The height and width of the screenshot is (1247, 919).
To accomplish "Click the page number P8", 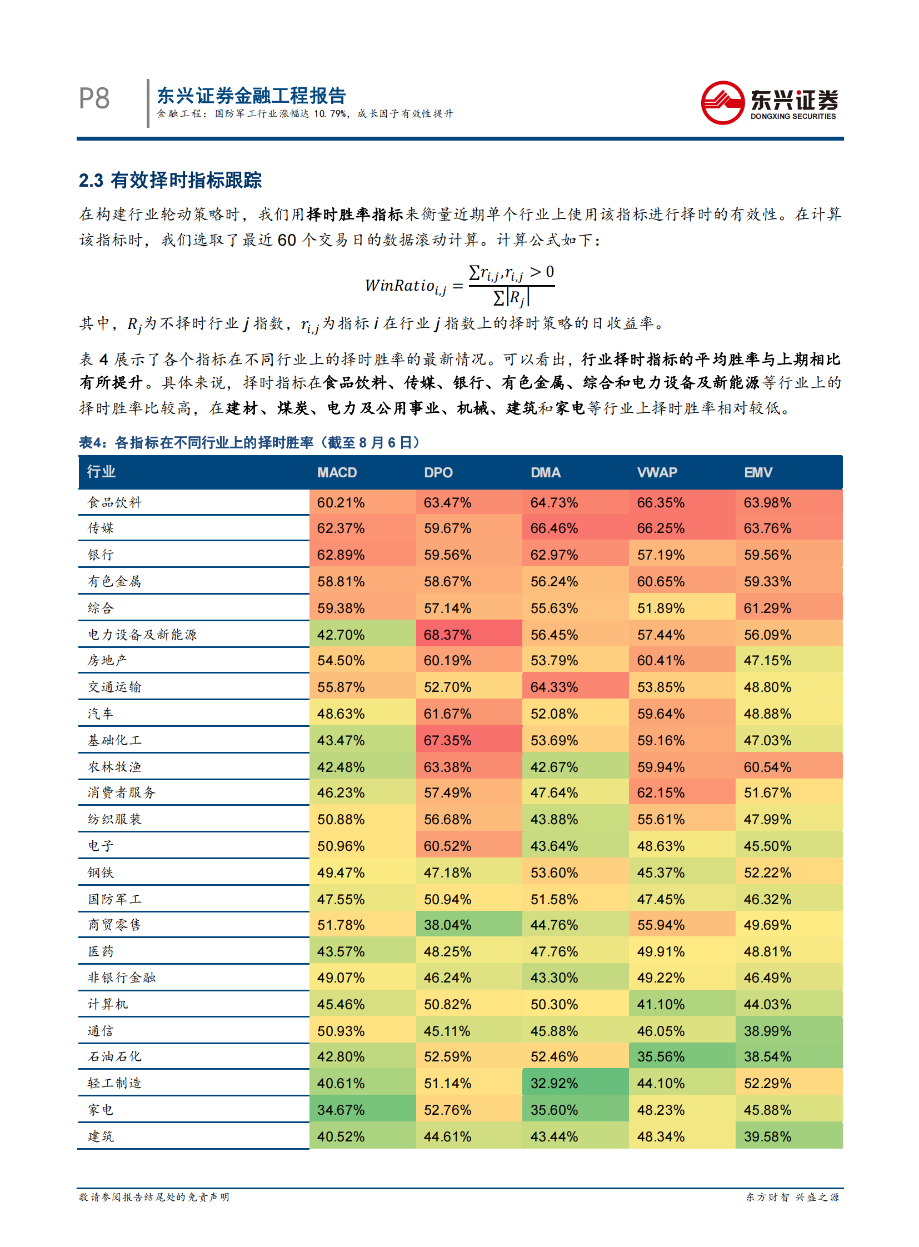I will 94,99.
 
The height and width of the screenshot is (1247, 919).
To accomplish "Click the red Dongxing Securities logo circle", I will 722,103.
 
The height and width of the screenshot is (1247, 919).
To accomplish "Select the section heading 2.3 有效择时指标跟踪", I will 170,180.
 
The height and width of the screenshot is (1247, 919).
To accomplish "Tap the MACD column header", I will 337,472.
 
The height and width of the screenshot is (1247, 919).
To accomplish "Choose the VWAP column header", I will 657,472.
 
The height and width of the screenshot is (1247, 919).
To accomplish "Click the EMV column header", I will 758,472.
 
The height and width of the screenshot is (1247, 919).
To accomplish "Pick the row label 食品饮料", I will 114,502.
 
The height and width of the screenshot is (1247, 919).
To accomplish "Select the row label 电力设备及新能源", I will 142,635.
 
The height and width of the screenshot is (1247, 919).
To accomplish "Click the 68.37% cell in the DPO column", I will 447,635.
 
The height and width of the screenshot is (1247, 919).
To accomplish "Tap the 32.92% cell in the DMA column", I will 554,1083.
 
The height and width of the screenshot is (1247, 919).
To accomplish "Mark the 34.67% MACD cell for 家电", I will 341,1110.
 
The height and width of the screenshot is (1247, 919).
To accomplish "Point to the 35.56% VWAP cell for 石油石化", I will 661,1056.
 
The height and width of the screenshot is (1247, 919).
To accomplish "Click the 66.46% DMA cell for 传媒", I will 554,528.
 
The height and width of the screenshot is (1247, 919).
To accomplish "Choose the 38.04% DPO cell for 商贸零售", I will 447,925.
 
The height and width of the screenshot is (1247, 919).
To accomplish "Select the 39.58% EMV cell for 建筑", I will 767,1136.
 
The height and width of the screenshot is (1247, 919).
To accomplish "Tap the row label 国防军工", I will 114,899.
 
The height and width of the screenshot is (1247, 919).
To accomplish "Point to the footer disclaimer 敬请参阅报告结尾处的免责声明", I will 154,1197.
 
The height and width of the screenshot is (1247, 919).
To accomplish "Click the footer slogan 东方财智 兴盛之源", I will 792,1197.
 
